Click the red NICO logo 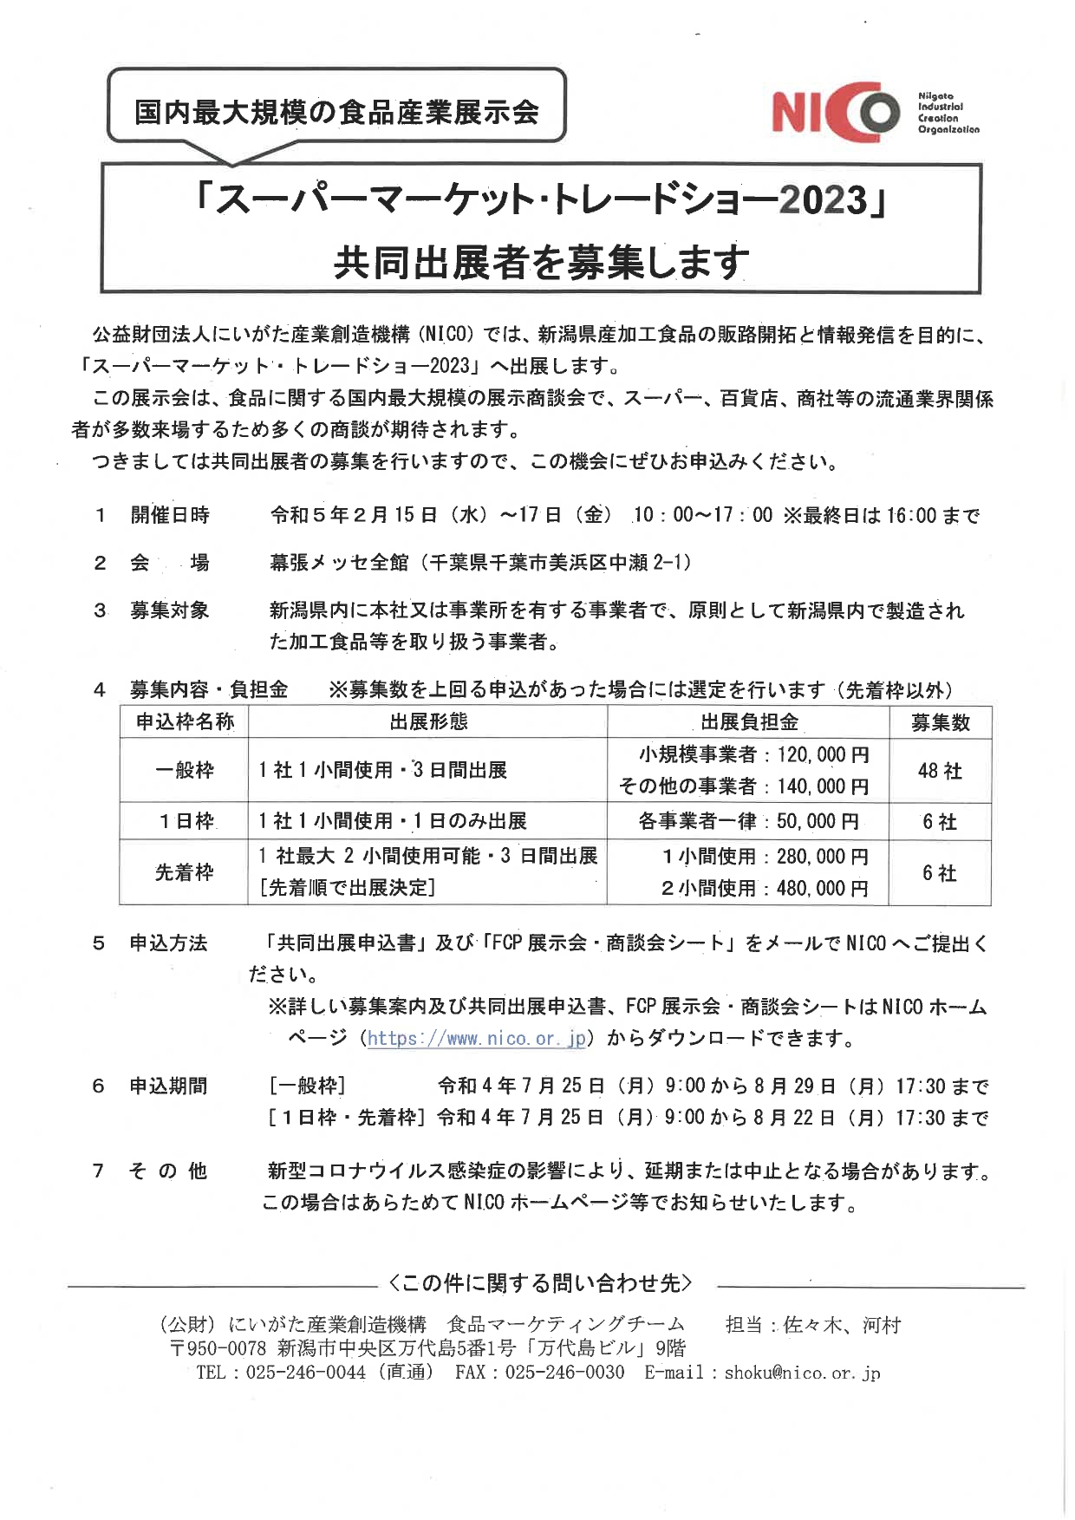pyautogui.click(x=837, y=113)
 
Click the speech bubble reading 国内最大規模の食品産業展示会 pyautogui.click(x=336, y=112)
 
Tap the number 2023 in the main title pyautogui.click(x=822, y=200)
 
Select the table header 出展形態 pyautogui.click(x=428, y=721)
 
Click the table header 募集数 pyautogui.click(x=940, y=722)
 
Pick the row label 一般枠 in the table pyautogui.click(x=184, y=770)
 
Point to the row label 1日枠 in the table pyautogui.click(x=186, y=821)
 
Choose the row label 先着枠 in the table pyautogui.click(x=184, y=872)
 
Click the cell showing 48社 pyautogui.click(x=940, y=771)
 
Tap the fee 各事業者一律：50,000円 pyautogui.click(x=748, y=821)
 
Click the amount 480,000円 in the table pyautogui.click(x=822, y=888)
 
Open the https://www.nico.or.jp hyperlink pyautogui.click(x=478, y=1038)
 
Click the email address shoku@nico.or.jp pyautogui.click(x=802, y=1373)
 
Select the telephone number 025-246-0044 pyautogui.click(x=305, y=1373)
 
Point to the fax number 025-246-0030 pyautogui.click(x=564, y=1373)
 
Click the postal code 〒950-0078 pyautogui.click(x=218, y=1348)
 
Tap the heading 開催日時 pyautogui.click(x=170, y=515)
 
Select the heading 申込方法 pyautogui.click(x=168, y=943)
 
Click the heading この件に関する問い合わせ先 pyautogui.click(x=541, y=1283)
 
